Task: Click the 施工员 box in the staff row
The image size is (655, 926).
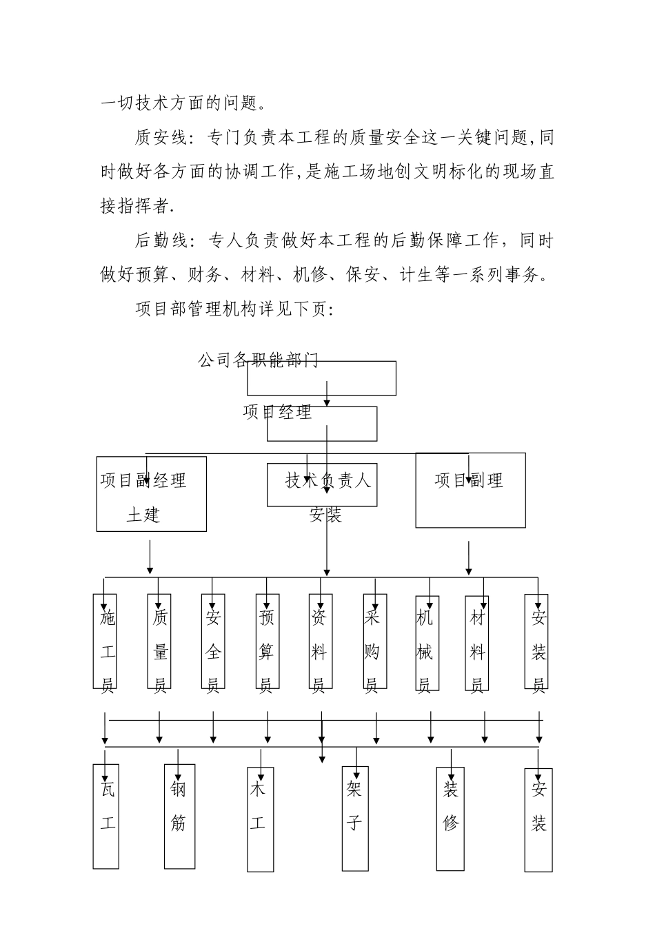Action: [x=105, y=641]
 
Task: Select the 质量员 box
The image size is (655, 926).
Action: [x=159, y=641]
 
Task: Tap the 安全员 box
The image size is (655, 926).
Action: [x=213, y=641]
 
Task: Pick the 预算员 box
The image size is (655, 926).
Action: [x=268, y=641]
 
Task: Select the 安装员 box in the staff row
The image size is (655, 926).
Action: [x=536, y=641]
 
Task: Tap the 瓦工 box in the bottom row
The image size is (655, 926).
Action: [x=106, y=815]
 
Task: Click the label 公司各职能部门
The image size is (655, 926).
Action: [x=258, y=360]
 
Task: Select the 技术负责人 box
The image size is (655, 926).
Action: [x=323, y=485]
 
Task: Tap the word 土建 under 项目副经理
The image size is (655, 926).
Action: [x=143, y=514]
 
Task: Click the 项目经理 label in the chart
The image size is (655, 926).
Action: [x=277, y=412]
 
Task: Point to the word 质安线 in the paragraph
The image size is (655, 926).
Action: [x=160, y=138]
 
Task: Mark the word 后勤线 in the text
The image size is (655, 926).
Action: [x=160, y=240]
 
